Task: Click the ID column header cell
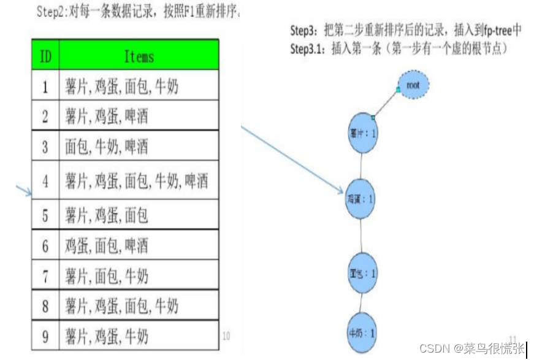pyautogui.click(x=45, y=56)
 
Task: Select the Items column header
pyautogui.click(x=139, y=56)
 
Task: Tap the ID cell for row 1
pyautogui.click(x=45, y=86)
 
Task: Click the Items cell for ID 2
pyautogui.click(x=139, y=116)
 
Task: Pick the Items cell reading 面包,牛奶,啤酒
pyautogui.click(x=139, y=146)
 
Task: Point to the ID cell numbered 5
pyautogui.click(x=45, y=215)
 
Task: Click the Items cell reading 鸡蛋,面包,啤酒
pyautogui.click(x=139, y=246)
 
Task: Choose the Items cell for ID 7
pyautogui.click(x=139, y=277)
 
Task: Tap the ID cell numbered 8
pyautogui.click(x=45, y=305)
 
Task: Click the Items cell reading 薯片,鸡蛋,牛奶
pyautogui.click(x=139, y=335)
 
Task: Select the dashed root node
pyautogui.click(x=413, y=85)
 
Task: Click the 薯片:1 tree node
pyautogui.click(x=362, y=134)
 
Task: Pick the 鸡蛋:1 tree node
pyautogui.click(x=361, y=199)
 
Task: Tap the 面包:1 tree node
pyautogui.click(x=362, y=273)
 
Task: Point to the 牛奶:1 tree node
pyautogui.click(x=362, y=334)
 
